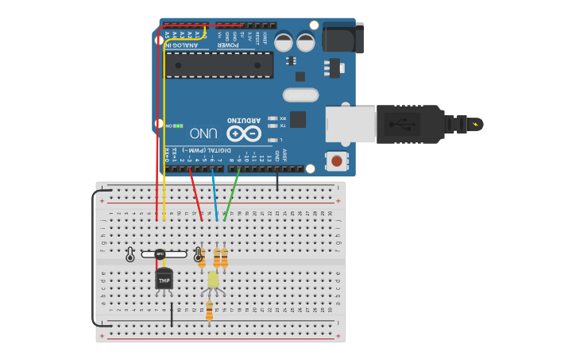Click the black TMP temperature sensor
(x=164, y=280)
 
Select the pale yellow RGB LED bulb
(x=213, y=280)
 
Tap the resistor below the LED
(x=210, y=310)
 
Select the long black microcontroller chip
(x=219, y=65)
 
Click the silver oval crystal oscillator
(x=300, y=95)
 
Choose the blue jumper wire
(x=214, y=195)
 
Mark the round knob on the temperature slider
(x=160, y=254)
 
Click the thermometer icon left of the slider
(x=130, y=254)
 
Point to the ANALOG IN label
(x=182, y=45)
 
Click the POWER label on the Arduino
(x=234, y=45)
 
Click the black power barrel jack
(x=342, y=37)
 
